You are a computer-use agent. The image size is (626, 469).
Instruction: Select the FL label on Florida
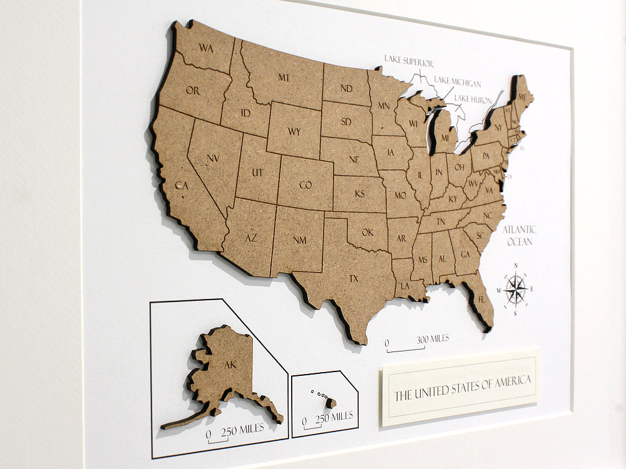click(x=481, y=300)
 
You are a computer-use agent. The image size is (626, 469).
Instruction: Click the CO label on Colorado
click(x=305, y=185)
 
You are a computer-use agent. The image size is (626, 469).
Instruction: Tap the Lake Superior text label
click(x=409, y=63)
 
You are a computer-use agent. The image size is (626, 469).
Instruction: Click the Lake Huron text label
click(x=473, y=99)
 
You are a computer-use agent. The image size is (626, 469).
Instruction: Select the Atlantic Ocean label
click(x=519, y=235)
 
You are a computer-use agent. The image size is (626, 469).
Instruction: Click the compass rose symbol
click(x=515, y=289)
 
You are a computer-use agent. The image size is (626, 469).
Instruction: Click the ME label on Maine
click(x=521, y=96)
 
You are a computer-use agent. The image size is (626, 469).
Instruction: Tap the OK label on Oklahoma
click(x=367, y=233)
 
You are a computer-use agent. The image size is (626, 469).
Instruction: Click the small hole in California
click(x=178, y=185)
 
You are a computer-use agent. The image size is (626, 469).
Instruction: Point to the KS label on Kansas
click(x=359, y=194)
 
